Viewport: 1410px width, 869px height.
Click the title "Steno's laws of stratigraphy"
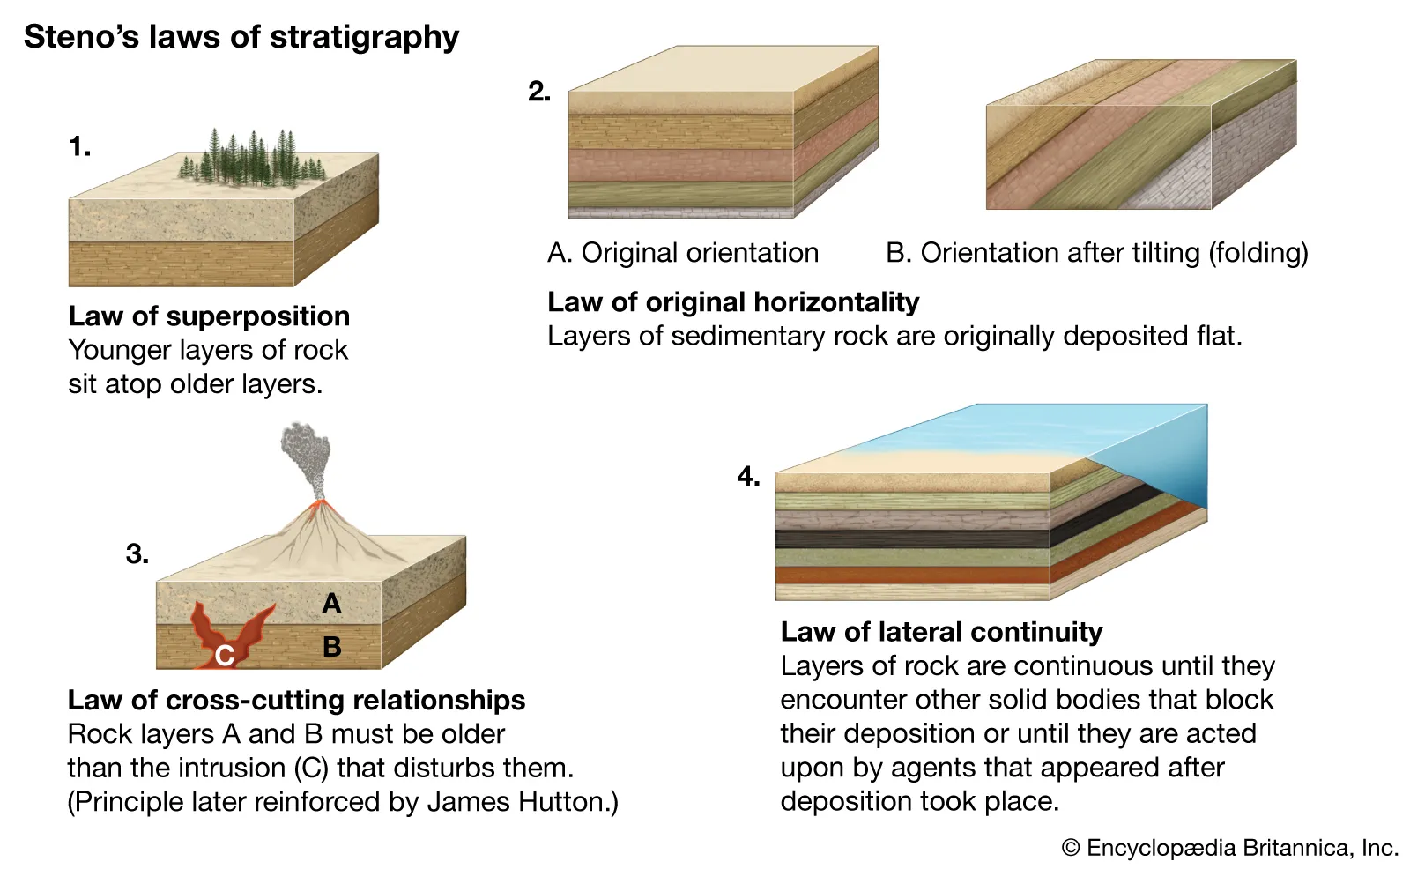241,37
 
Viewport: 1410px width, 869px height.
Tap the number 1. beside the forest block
79,146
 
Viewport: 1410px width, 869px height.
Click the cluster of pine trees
251,160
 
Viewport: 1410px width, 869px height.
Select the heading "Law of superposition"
209,316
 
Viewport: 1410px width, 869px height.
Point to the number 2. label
539,92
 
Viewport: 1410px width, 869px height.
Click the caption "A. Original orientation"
683,253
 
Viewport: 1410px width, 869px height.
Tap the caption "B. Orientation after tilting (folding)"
1096,253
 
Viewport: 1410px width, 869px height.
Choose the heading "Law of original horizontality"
732,302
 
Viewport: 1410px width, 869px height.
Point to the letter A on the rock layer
331,604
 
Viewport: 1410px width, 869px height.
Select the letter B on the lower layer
332,647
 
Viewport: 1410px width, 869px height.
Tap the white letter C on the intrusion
225,655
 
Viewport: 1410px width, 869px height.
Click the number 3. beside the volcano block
137,554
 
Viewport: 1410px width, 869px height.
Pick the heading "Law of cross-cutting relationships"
296,701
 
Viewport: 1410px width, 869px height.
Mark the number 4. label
748,477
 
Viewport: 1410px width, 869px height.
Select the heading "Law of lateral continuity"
941,632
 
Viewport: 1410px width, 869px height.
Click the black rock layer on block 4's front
912,539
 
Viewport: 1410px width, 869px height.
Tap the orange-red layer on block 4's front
912,576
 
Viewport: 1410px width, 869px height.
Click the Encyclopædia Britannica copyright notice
1230,848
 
